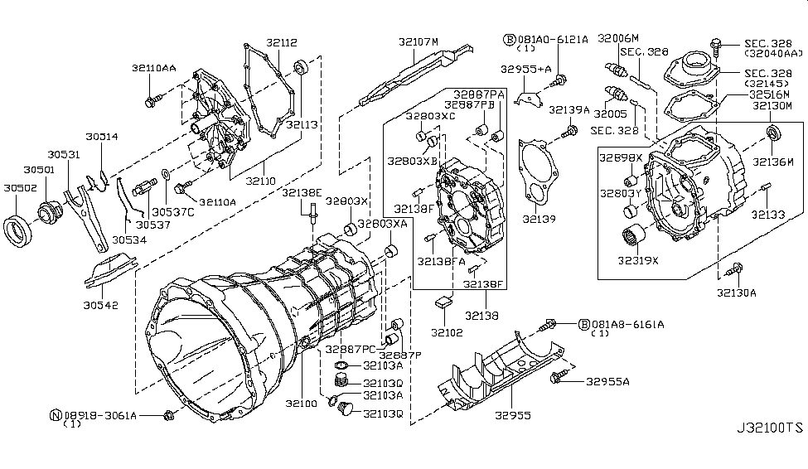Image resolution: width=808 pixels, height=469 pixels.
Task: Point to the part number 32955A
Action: coord(607,382)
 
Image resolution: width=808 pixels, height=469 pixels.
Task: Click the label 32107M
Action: coord(418,41)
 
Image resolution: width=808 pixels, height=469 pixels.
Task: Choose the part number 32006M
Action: coord(618,38)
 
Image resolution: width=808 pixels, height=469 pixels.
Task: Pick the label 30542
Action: coord(101,305)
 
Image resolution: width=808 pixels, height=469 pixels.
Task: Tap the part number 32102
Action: coord(448,332)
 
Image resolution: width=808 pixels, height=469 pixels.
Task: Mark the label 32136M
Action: coord(773,161)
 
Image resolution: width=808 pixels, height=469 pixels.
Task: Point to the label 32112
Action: coord(282,42)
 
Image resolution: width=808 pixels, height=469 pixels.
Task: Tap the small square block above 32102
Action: coord(444,302)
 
